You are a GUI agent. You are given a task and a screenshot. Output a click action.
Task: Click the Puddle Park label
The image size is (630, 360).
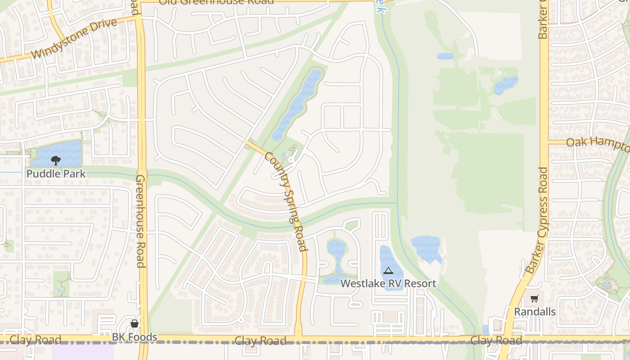click(56, 174)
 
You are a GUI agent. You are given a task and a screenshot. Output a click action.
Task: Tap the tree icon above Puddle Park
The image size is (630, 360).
click(56, 160)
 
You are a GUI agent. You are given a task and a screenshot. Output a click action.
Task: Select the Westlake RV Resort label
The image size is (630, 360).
click(388, 283)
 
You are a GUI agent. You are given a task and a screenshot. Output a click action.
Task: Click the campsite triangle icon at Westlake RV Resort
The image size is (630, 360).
click(388, 270)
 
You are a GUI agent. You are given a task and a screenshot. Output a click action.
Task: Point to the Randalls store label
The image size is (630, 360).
click(535, 312)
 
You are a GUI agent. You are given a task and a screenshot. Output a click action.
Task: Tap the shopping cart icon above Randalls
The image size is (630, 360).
click(534, 299)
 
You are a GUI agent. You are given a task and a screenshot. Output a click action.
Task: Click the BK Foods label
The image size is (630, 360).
click(134, 337)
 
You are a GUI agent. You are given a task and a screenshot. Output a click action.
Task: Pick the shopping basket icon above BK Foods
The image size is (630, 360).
click(134, 324)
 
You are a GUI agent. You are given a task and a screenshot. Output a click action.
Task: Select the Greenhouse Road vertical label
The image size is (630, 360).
click(140, 220)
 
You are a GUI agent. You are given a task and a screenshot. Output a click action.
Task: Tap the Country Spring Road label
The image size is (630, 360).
click(286, 201)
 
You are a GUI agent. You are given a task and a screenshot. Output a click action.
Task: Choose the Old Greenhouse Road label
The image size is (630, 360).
click(216, 2)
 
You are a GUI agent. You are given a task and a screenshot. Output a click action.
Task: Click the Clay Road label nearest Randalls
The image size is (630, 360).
click(496, 340)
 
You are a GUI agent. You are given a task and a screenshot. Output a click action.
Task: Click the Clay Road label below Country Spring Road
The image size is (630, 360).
click(260, 341)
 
